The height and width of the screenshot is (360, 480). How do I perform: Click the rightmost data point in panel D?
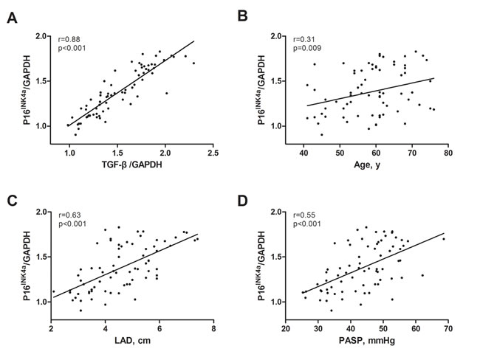[443, 238]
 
